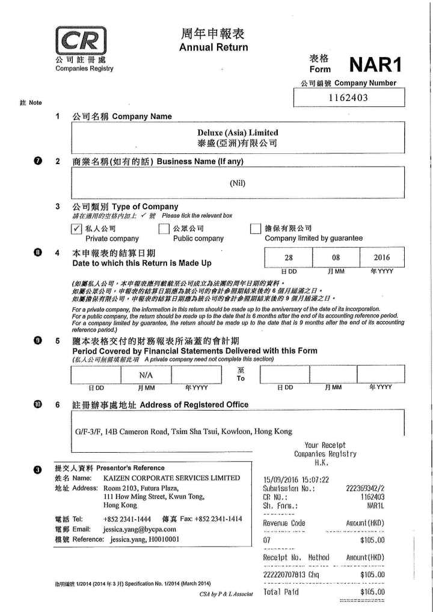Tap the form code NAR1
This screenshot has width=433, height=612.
click(375, 64)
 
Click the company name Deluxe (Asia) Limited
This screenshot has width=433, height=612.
click(238, 132)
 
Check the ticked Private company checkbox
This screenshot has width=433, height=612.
click(76, 228)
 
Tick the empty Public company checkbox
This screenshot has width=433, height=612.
click(164, 228)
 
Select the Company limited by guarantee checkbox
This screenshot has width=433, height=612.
click(255, 228)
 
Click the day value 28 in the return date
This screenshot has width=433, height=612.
click(289, 257)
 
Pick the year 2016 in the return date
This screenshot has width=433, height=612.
click(381, 257)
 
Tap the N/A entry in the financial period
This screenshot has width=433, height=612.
click(147, 376)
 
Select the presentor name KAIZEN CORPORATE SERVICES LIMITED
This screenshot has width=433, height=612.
click(172, 478)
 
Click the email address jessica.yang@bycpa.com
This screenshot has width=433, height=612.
click(140, 529)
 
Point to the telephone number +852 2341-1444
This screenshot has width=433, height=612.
click(127, 518)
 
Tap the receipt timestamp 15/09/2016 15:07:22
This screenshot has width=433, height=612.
click(296, 480)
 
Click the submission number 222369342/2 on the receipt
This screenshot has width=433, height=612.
click(366, 489)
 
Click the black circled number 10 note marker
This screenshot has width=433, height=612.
click(38, 404)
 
